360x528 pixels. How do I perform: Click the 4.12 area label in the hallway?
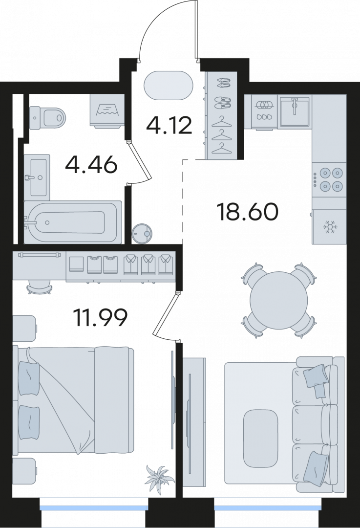(x=169, y=125)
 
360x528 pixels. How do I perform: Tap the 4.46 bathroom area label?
(x=91, y=165)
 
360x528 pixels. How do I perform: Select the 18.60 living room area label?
(x=248, y=212)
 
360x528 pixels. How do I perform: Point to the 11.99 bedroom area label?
(x=100, y=318)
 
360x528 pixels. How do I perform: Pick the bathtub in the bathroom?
(x=72, y=222)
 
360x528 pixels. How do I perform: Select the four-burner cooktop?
(x=329, y=179)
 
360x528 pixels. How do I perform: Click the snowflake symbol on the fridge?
(x=330, y=228)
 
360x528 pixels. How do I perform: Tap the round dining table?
(x=279, y=300)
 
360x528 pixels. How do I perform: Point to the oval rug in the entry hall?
(x=169, y=86)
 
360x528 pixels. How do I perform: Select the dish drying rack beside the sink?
(x=265, y=111)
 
